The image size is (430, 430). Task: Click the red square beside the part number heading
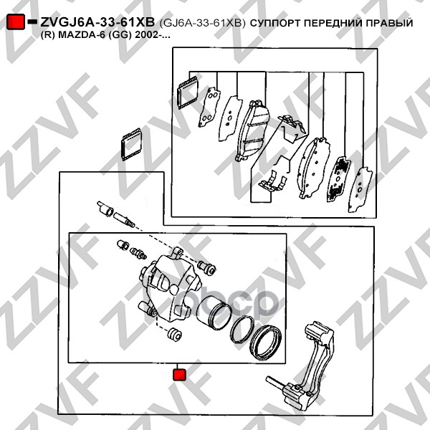click(15, 21)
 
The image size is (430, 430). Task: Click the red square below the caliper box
click(180, 375)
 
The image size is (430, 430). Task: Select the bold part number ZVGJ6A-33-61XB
click(97, 22)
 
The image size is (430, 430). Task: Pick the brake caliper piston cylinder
click(214, 313)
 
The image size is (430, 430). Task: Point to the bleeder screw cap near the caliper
click(123, 244)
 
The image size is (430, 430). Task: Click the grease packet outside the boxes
click(131, 144)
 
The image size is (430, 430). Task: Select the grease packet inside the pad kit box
click(188, 92)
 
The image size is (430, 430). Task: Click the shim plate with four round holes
click(209, 107)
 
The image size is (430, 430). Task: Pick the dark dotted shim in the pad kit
click(339, 178)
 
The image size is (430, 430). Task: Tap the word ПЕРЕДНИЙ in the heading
click(333, 23)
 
